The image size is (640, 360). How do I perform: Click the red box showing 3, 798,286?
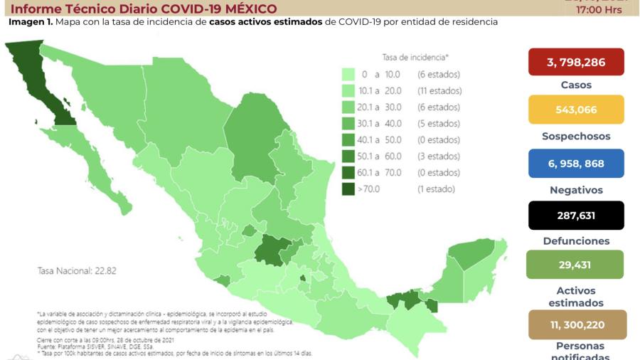tap(576, 62)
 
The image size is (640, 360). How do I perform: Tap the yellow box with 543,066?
tap(576, 110)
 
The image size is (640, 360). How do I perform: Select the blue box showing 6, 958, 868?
tap(576, 164)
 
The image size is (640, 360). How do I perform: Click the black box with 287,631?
tap(576, 215)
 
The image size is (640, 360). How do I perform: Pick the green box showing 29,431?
tap(576, 265)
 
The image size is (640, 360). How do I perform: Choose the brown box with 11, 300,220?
tap(577, 324)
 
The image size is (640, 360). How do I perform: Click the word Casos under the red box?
tap(576, 85)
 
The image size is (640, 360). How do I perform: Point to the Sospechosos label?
tap(576, 137)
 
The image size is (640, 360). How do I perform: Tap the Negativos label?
tap(576, 191)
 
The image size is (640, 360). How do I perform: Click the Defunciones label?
tap(576, 241)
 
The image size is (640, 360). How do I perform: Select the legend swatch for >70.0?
tap(348, 189)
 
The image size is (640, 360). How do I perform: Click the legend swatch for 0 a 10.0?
tap(348, 74)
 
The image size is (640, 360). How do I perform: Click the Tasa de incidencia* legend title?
tap(415, 57)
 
